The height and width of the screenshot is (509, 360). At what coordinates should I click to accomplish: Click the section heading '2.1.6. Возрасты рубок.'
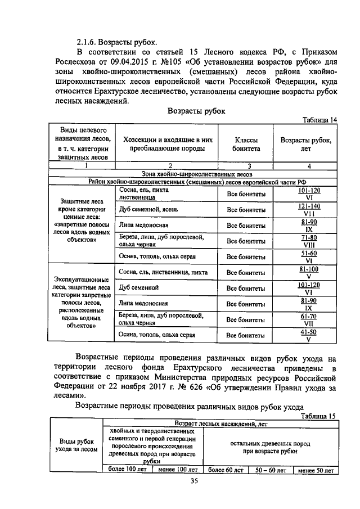click(x=117, y=42)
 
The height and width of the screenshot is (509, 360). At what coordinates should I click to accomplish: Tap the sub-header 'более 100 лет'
click(x=127, y=469)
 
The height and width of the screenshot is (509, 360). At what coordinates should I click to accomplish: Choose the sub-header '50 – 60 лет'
click(x=271, y=469)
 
